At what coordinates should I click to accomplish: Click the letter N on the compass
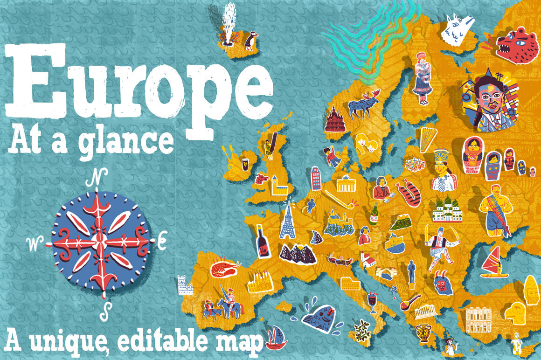tap(98, 178)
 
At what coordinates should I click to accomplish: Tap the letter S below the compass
tap(107, 308)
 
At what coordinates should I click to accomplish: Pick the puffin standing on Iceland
tap(250, 41)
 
